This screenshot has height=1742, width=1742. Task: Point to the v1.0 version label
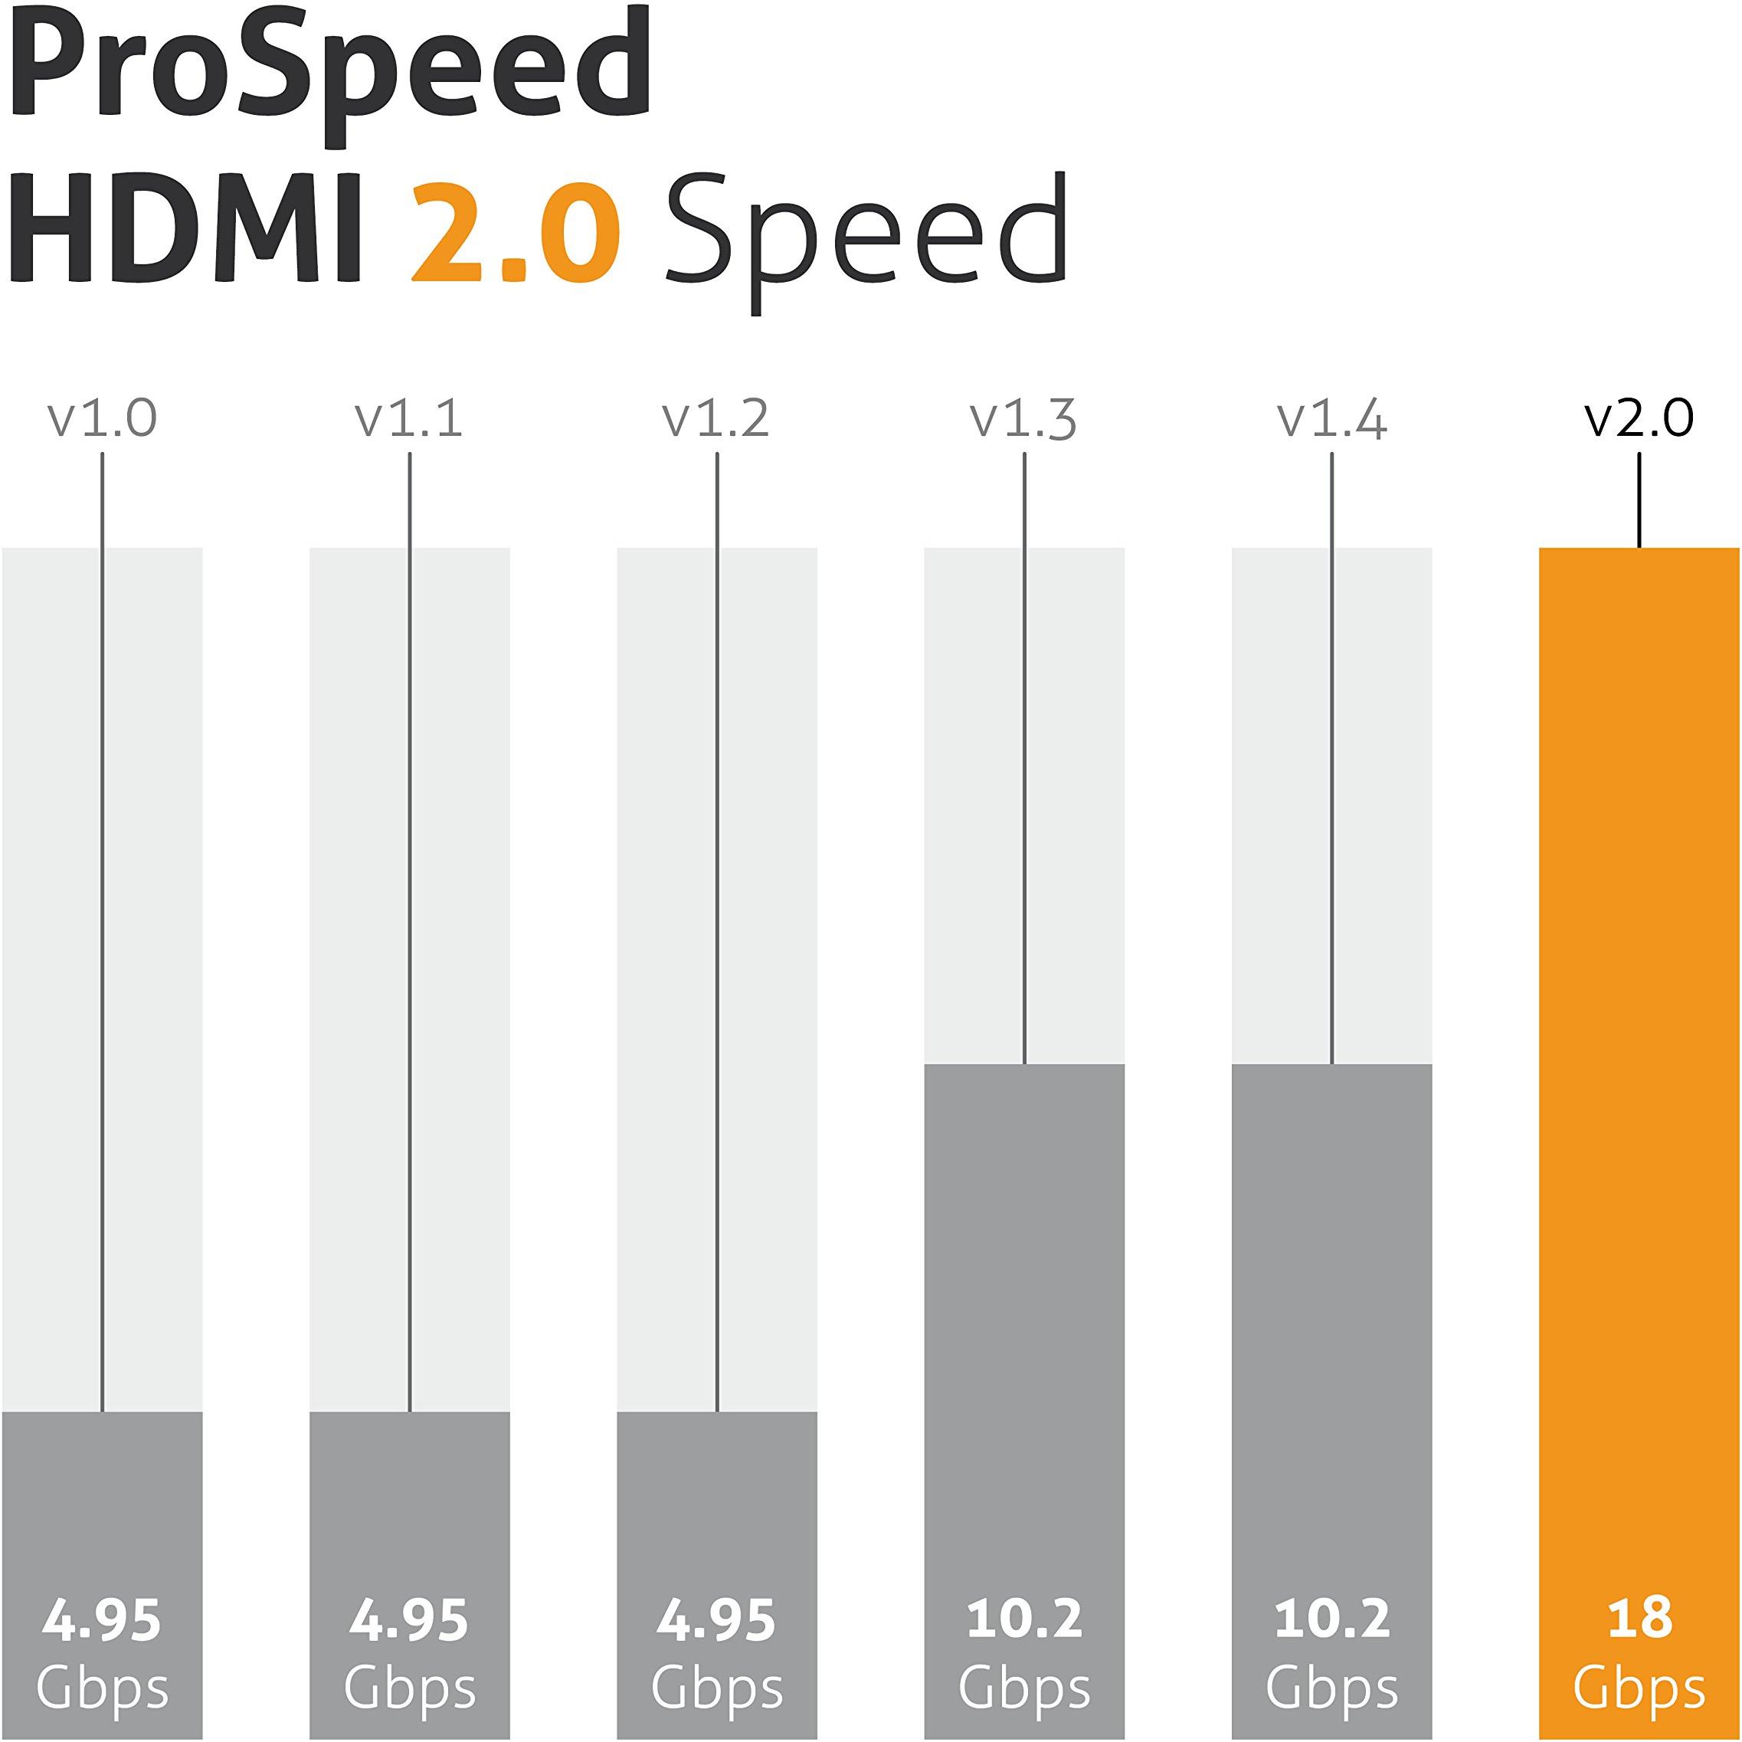click(102, 418)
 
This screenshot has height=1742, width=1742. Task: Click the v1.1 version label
click(409, 418)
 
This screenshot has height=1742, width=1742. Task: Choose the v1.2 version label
click(717, 418)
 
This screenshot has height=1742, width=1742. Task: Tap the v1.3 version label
click(1024, 418)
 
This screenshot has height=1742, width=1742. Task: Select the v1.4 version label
click(1331, 418)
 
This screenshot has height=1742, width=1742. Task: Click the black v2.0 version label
click(1639, 418)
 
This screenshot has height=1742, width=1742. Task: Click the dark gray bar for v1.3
click(1024, 1308)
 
